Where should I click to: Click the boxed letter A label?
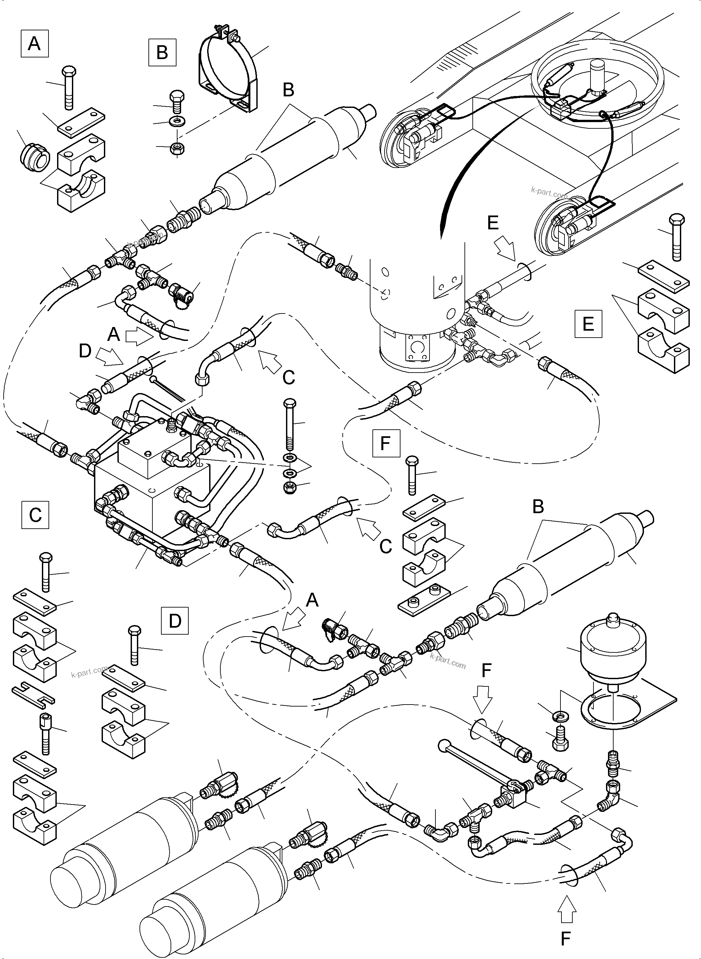[x=34, y=43]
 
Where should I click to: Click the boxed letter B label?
[x=162, y=53]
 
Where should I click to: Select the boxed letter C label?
[x=35, y=515]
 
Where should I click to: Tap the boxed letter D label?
[x=175, y=621]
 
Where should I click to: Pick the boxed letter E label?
[x=588, y=324]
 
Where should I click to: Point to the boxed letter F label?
[x=386, y=443]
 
